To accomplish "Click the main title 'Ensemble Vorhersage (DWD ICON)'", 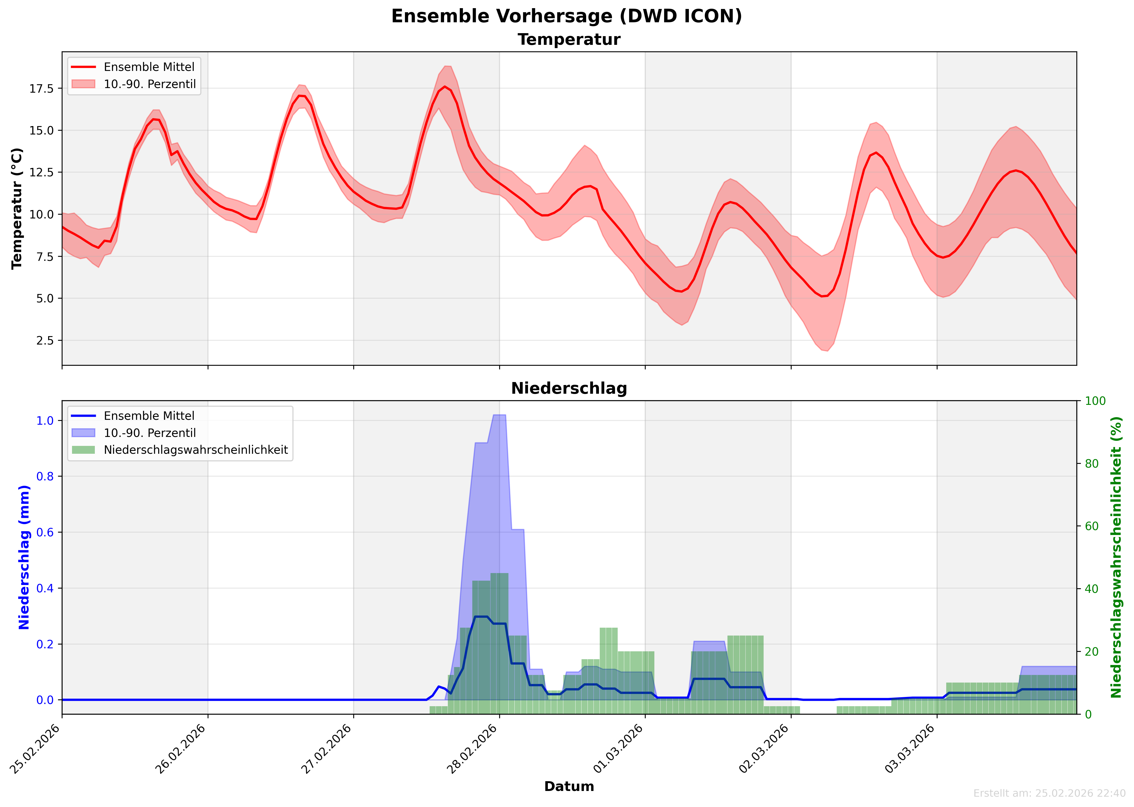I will click(x=567, y=16).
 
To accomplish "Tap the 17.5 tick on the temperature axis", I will click(x=42, y=89).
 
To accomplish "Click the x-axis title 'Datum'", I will click(x=569, y=786).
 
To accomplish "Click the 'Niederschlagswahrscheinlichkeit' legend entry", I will click(x=195, y=450).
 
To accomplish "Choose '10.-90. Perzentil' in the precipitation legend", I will click(x=149, y=433).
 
